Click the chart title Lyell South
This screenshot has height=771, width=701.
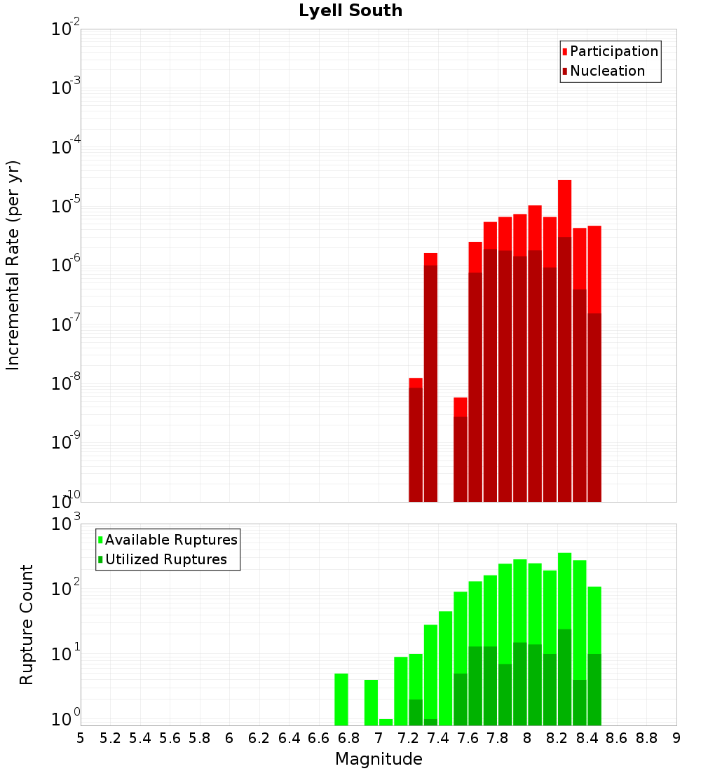click(x=350, y=11)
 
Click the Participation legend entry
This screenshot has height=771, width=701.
click(x=613, y=51)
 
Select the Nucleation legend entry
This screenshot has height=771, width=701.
click(x=606, y=71)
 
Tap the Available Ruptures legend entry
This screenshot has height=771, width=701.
click(x=170, y=540)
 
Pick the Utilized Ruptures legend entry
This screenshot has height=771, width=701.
click(x=165, y=559)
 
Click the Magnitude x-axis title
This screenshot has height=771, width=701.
click(x=379, y=759)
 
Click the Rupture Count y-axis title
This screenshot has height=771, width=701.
click(x=27, y=625)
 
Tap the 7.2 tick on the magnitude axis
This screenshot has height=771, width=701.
click(x=408, y=737)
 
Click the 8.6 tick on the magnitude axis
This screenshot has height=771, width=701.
click(x=617, y=737)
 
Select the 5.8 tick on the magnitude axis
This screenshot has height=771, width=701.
click(x=200, y=737)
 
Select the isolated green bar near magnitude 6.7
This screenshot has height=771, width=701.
click(x=341, y=699)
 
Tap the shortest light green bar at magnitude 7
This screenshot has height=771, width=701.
click(x=386, y=722)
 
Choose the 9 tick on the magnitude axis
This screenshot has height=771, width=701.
click(x=676, y=737)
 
